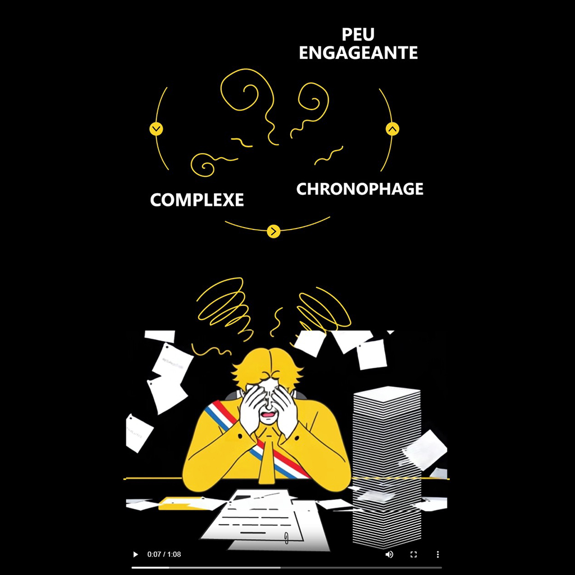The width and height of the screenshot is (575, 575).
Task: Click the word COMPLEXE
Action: (197, 200)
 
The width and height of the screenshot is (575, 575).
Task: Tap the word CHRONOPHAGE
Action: (359, 189)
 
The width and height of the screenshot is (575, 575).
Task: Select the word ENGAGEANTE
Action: (358, 53)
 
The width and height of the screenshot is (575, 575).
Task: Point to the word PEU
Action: (358, 35)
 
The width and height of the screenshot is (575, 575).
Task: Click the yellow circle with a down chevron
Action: (156, 129)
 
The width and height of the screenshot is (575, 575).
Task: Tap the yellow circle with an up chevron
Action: (392, 129)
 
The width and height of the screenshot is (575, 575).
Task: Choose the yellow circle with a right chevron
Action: (273, 231)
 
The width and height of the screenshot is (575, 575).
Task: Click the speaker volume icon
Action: (389, 554)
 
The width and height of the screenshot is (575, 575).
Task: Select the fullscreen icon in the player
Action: (414, 554)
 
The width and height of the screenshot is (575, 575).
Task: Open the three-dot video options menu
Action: (438, 554)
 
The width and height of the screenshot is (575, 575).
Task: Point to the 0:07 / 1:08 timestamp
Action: (164, 554)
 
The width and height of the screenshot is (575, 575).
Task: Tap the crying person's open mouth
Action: (270, 416)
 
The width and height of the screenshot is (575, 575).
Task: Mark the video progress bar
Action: (286, 567)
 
